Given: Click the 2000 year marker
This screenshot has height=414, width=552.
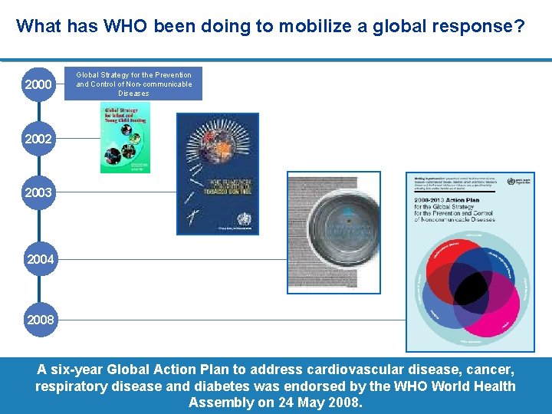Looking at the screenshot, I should (x=38, y=84).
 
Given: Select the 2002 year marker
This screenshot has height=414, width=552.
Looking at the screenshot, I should (x=38, y=139).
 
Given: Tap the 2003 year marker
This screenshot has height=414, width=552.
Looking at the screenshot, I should (x=38, y=192).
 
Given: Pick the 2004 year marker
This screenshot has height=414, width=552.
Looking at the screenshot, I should (x=41, y=260).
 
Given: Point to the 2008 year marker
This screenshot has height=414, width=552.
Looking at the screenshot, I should (x=41, y=320).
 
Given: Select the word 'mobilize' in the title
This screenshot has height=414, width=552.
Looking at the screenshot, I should (x=310, y=26).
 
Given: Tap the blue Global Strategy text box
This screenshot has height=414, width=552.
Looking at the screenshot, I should (x=134, y=84).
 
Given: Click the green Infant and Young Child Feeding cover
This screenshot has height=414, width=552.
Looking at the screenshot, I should (x=125, y=137).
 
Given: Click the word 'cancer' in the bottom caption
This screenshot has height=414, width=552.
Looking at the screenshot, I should (x=488, y=370).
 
